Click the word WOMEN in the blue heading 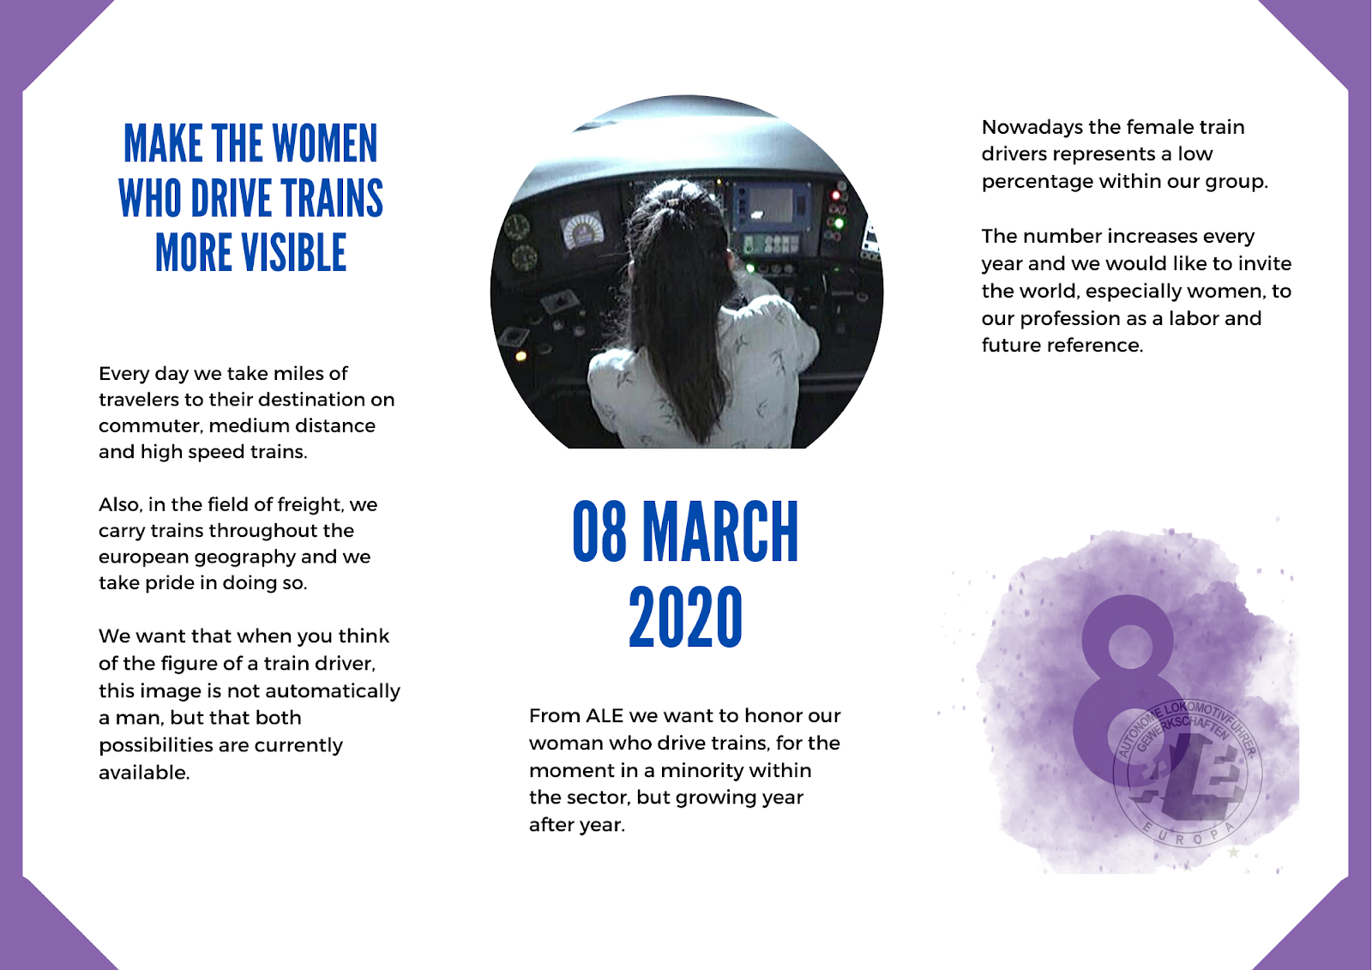[325, 143]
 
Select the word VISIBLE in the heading [294, 253]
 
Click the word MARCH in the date [721, 532]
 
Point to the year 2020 [685, 618]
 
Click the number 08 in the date [599, 532]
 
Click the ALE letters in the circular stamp [1188, 778]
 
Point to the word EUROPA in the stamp [1188, 834]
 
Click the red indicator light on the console [835, 196]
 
